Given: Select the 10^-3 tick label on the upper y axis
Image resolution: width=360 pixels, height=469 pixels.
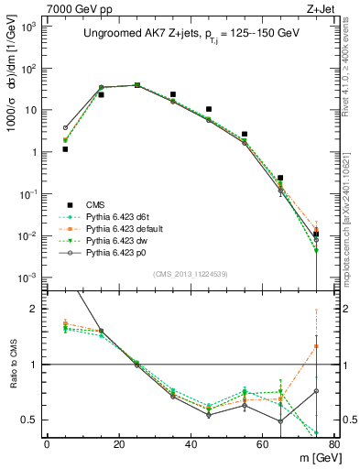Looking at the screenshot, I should (29, 278).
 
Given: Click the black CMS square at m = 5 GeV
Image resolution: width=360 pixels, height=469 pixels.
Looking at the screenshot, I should (65, 148).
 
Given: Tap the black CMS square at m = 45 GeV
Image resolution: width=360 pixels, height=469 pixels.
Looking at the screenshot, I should (209, 109).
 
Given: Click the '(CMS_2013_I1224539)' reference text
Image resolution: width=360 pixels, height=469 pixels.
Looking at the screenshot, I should (190, 273).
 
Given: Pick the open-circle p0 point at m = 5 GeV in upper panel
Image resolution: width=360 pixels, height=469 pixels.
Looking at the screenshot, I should (65, 127).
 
